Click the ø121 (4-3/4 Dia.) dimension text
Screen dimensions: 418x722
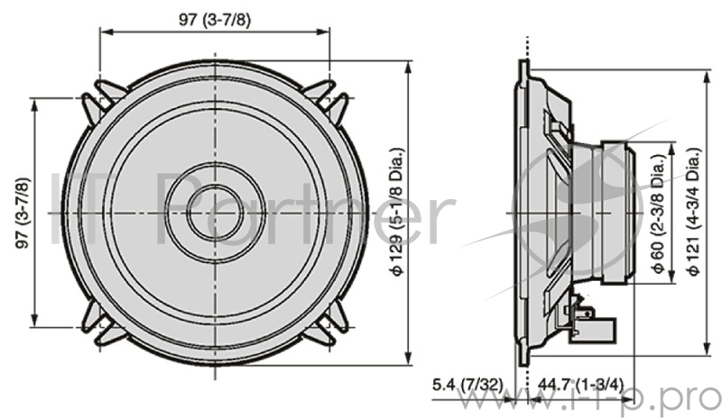(692, 213)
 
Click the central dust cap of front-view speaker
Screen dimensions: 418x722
(215, 213)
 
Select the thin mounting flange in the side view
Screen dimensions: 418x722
(523, 213)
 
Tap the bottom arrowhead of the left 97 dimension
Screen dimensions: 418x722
(35, 321)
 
